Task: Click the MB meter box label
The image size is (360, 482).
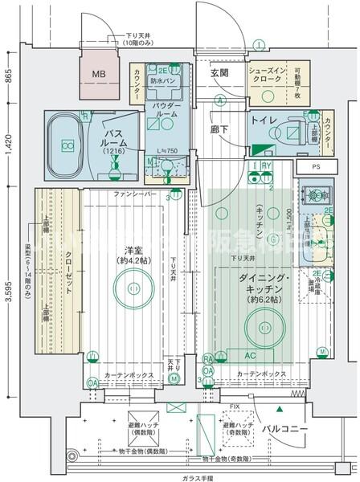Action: click(96, 75)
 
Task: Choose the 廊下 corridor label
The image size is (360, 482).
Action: click(219, 128)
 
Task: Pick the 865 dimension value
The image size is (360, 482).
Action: click(8, 78)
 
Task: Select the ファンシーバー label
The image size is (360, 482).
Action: click(132, 194)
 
